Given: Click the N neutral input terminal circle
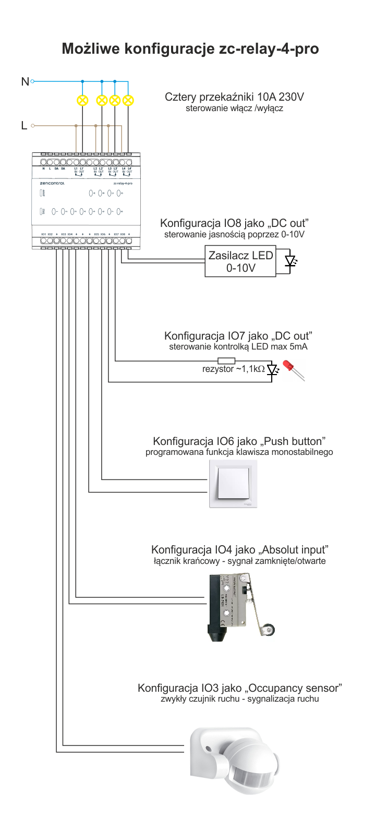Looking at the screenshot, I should point(32,81).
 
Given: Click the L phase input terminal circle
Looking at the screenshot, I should point(32,126).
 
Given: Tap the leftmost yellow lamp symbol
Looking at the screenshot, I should point(82,100).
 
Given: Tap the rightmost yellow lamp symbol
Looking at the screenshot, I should point(127,100).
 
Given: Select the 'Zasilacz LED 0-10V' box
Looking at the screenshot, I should point(240,261).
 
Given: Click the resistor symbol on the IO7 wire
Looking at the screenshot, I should point(226,360).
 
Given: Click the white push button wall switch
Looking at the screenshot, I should point(233,484).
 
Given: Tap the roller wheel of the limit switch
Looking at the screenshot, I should point(268,630).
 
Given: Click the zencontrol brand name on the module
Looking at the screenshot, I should point(52,184).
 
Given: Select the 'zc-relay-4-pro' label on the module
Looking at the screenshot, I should point(123,184).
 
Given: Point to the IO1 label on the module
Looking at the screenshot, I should point(43,234).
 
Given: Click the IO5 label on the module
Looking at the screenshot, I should point(96,234).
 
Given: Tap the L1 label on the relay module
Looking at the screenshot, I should point(76,168).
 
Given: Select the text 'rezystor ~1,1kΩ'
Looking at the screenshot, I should point(233,369).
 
